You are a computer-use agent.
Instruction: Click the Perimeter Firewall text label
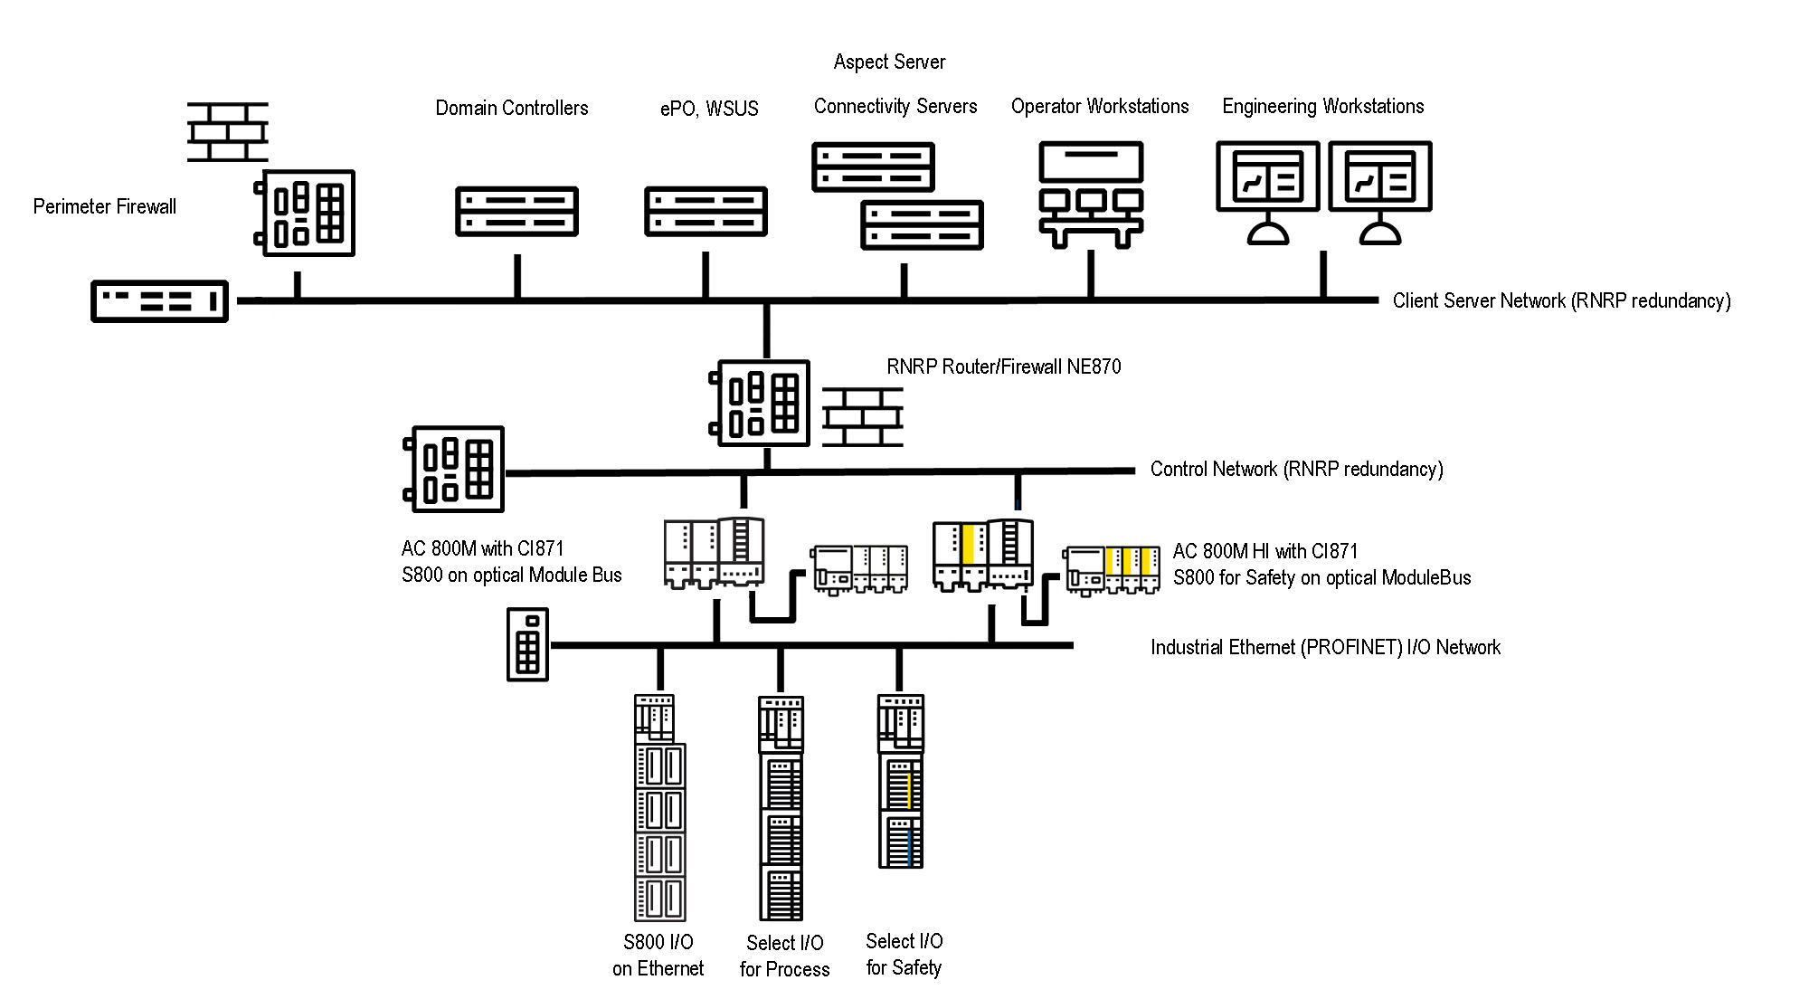click(105, 206)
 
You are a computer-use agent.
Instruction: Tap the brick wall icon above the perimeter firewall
click(227, 132)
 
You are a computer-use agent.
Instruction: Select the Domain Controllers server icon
click(516, 211)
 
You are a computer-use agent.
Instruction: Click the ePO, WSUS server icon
click(706, 211)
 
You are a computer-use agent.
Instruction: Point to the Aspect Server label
click(889, 62)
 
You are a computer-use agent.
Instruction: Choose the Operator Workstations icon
click(1091, 194)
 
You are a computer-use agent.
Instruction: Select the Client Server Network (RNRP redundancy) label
click(1561, 300)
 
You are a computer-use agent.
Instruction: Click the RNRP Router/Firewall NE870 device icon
click(760, 403)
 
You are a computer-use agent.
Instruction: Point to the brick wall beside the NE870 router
click(863, 417)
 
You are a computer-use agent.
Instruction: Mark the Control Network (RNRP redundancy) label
click(1296, 469)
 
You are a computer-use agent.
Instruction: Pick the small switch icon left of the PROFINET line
click(528, 643)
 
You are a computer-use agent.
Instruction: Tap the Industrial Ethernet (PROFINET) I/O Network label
click(1325, 647)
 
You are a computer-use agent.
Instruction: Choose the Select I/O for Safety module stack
click(901, 782)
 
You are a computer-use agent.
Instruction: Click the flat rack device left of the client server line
click(160, 300)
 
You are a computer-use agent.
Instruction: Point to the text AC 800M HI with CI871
click(1265, 551)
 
